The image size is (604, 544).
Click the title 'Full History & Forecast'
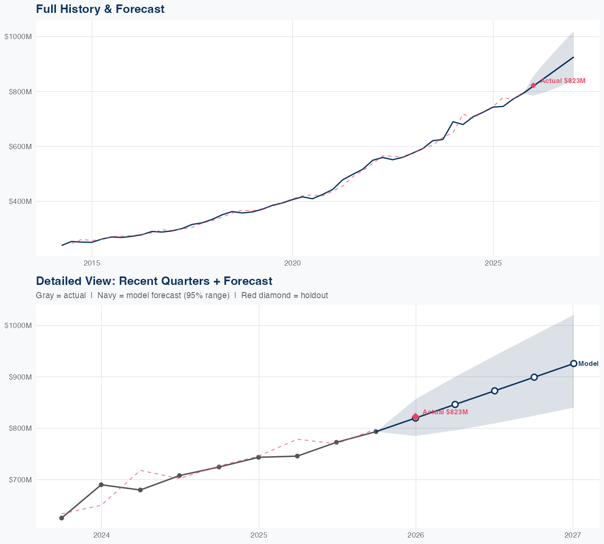(100, 9)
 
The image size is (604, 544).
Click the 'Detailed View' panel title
(154, 281)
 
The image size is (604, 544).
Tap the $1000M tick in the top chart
(18, 37)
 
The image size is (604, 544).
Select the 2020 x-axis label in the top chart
(292, 263)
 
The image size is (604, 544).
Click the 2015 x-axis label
(92, 263)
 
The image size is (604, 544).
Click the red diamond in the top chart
(533, 85)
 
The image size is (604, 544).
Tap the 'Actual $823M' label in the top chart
(563, 81)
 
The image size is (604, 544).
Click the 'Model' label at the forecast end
(588, 363)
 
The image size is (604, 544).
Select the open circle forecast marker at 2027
(573, 363)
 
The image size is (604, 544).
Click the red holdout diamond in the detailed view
(416, 417)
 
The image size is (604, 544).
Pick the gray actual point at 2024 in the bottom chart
(101, 485)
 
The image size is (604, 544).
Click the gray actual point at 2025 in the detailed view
(259, 457)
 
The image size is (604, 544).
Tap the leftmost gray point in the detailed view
(62, 518)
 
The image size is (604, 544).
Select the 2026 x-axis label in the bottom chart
(416, 535)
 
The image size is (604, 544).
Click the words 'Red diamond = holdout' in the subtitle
(284, 295)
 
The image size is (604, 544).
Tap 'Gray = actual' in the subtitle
(61, 295)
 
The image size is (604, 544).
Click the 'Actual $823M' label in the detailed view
(445, 412)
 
